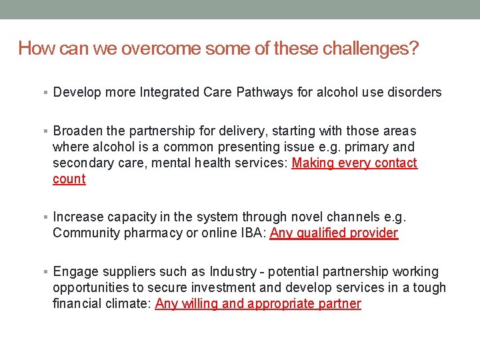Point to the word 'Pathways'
(x=265, y=92)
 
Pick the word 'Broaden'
(x=75, y=131)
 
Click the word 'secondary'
(x=80, y=163)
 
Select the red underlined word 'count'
(x=69, y=179)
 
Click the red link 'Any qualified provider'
(x=333, y=233)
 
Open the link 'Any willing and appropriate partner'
(x=258, y=304)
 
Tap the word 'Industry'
(x=233, y=271)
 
